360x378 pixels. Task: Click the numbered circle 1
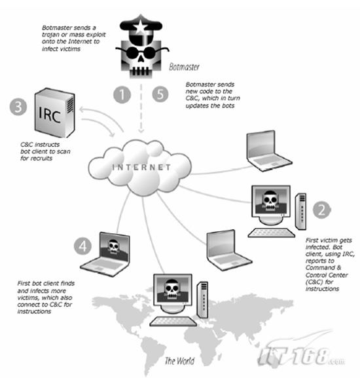(x=122, y=94)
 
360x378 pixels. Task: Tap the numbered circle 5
(x=160, y=94)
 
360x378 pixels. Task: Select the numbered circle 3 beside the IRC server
(x=18, y=106)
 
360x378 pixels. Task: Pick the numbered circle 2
(x=322, y=210)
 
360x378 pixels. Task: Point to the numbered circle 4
(x=82, y=246)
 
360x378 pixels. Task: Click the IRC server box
(x=55, y=113)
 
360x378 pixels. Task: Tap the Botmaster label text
(x=184, y=67)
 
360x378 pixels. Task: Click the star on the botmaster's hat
(x=140, y=28)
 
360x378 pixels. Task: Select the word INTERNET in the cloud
(x=141, y=167)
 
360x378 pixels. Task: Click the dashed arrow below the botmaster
(x=141, y=109)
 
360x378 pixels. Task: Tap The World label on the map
(x=179, y=361)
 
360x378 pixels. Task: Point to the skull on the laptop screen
(x=113, y=246)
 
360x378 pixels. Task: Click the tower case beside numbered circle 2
(x=300, y=211)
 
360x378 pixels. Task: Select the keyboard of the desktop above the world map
(x=173, y=322)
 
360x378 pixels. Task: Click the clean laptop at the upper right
(x=268, y=151)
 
